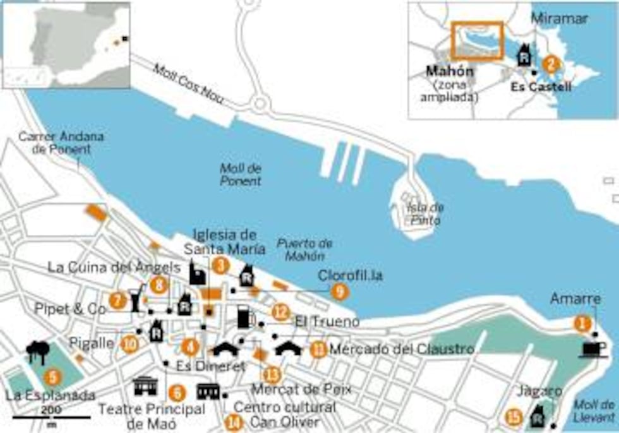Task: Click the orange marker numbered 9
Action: coord(340,291)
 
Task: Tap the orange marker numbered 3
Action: coord(220,266)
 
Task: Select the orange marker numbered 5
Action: coord(54,377)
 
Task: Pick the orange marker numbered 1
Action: coord(580,323)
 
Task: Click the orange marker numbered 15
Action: coord(515,417)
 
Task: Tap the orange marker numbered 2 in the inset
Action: coord(551,64)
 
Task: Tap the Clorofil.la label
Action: coord(351,276)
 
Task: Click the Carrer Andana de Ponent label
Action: coord(61,143)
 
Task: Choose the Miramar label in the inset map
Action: coord(559,19)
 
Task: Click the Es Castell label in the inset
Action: coord(541,86)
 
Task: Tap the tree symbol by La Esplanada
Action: coord(39,351)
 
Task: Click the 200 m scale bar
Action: coord(51,417)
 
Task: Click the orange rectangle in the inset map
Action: coord(477,40)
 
